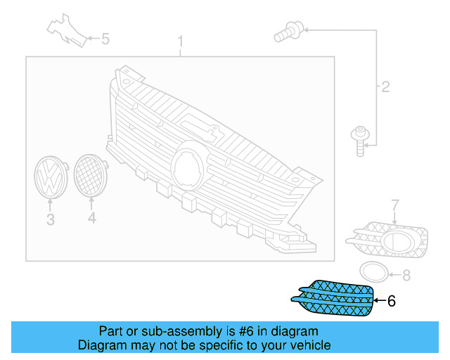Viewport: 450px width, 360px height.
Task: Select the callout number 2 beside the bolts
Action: (x=385, y=88)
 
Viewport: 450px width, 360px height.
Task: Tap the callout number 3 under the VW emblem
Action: (x=51, y=220)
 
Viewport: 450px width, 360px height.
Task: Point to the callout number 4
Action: (x=91, y=220)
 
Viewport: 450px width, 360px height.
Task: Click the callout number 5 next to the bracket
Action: (x=105, y=39)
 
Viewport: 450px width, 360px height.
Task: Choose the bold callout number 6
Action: (x=392, y=301)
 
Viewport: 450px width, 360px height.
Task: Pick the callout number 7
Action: (x=395, y=205)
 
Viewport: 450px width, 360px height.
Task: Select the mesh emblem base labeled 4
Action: (x=90, y=175)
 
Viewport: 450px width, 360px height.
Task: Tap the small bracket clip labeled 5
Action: (x=67, y=30)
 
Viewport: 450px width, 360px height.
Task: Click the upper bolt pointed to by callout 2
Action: (x=290, y=30)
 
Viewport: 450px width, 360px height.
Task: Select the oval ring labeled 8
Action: (x=373, y=272)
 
